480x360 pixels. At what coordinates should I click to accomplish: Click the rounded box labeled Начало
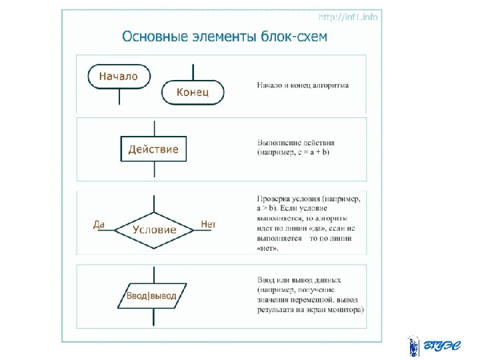119,76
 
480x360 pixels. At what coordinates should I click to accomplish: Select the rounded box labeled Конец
193,92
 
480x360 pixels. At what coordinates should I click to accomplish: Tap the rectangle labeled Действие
153,149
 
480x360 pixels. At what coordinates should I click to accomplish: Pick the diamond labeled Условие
154,229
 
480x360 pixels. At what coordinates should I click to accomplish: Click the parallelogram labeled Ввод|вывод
153,295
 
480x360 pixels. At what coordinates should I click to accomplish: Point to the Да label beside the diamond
99,225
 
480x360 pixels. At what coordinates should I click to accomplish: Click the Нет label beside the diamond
209,225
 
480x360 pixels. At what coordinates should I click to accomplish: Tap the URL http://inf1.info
348,17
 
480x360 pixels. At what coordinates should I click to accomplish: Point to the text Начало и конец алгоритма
303,85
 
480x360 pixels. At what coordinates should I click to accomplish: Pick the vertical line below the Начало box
119,97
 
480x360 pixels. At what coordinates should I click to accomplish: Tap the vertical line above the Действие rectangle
154,128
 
